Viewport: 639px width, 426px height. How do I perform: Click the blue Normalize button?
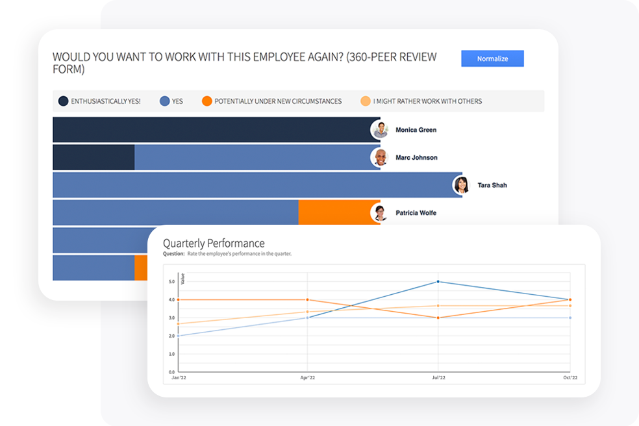(x=492, y=58)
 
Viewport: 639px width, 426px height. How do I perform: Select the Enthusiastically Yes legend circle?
(x=63, y=101)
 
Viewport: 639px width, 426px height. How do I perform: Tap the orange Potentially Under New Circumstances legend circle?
(x=207, y=101)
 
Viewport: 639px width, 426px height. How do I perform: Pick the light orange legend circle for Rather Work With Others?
(x=366, y=101)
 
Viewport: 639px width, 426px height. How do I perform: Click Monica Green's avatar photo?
(x=380, y=130)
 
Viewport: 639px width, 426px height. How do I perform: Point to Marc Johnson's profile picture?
(x=380, y=157)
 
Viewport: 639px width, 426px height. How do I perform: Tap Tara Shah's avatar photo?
(x=462, y=185)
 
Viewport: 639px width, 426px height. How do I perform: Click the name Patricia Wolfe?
(x=416, y=213)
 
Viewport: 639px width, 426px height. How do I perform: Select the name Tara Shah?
(x=492, y=185)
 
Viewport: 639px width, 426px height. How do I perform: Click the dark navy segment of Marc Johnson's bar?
(x=94, y=157)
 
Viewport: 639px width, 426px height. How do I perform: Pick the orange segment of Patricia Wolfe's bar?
(x=338, y=212)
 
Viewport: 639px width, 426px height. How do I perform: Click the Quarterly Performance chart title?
(x=214, y=244)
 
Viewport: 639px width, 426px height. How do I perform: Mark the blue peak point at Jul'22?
(x=438, y=281)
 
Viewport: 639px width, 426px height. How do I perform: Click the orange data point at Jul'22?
(x=438, y=318)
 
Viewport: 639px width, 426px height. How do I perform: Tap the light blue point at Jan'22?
(x=178, y=336)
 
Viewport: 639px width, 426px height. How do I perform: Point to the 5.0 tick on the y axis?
(x=171, y=282)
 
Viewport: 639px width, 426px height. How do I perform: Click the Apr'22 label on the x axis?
(x=307, y=377)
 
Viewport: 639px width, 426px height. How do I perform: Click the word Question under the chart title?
(x=173, y=254)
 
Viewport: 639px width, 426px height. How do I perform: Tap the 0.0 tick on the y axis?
(x=171, y=372)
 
